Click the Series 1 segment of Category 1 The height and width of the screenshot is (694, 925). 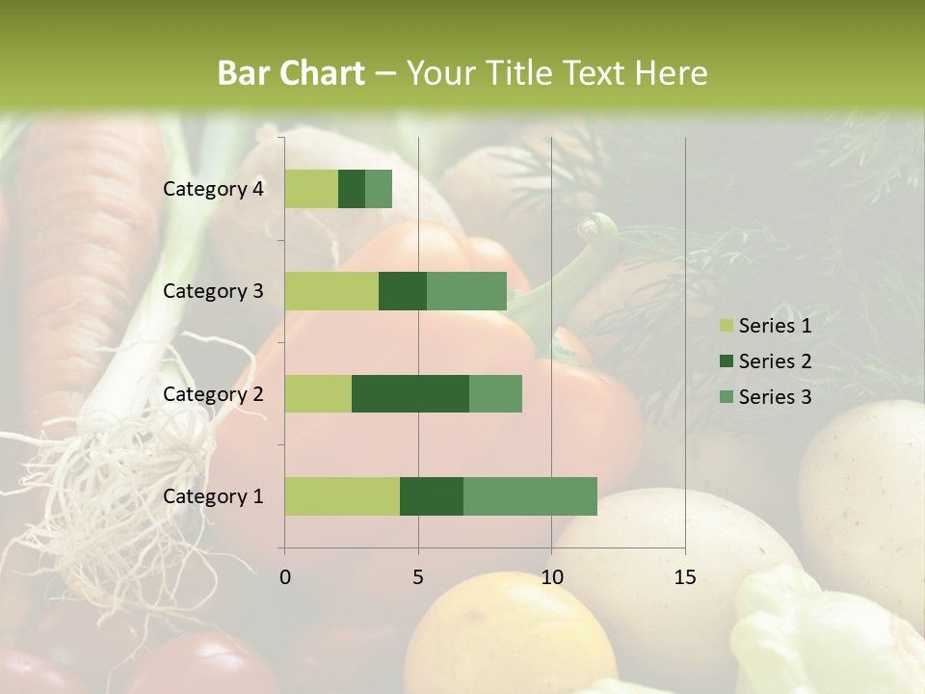coord(342,496)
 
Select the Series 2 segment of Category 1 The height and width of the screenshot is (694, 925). coord(432,496)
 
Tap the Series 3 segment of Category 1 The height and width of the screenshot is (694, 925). coord(530,496)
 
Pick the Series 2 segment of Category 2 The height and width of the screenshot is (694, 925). coord(410,393)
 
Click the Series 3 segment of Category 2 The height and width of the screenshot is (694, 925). coord(495,393)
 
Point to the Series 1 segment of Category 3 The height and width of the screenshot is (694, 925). coord(331,291)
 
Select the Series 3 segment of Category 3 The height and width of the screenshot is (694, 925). coord(466,291)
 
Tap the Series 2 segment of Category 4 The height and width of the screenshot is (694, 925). coord(352,189)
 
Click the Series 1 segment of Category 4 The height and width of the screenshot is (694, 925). coord(311,189)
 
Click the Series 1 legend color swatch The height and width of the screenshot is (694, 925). coord(726,326)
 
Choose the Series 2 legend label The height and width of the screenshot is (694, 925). coord(775,361)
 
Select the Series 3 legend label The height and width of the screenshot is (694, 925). coord(775,397)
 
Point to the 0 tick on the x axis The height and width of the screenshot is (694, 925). coord(285,577)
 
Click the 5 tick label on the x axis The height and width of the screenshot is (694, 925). coord(418,577)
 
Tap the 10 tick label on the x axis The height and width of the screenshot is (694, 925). coord(551,577)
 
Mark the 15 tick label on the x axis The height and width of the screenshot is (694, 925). coord(685,577)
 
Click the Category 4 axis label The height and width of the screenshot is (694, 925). coord(213,189)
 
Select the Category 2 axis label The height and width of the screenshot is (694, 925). coord(213,393)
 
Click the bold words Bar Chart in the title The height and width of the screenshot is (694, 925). coord(291,73)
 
